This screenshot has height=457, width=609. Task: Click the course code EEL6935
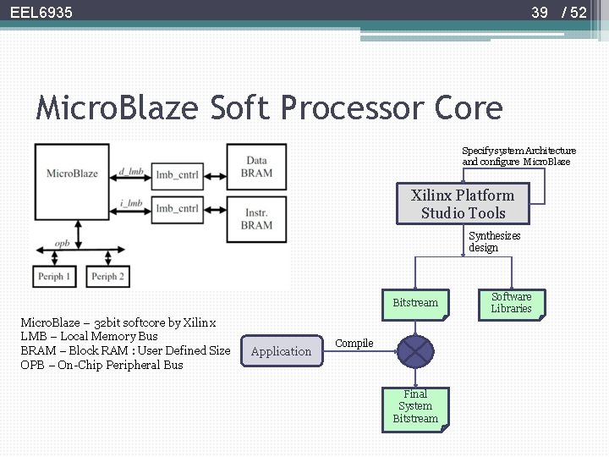41,13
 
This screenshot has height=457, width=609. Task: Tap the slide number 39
539,13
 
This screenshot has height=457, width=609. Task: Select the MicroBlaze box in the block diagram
72,174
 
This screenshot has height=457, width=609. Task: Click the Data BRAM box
256,167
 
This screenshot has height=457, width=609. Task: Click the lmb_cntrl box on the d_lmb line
177,174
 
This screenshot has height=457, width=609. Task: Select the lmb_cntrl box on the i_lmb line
177,207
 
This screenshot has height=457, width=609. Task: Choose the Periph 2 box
107,276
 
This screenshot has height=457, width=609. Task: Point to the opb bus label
63,242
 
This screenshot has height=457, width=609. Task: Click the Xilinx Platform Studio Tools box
463,204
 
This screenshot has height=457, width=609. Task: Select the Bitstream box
415,304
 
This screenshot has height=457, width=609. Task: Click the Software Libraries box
512,303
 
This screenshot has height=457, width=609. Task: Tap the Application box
282,351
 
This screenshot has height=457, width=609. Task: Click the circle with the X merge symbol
414,350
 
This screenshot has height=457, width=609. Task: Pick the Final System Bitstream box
414,406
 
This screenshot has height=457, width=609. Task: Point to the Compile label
354,343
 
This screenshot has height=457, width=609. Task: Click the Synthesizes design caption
494,242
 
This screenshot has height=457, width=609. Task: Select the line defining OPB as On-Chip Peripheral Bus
101,365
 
